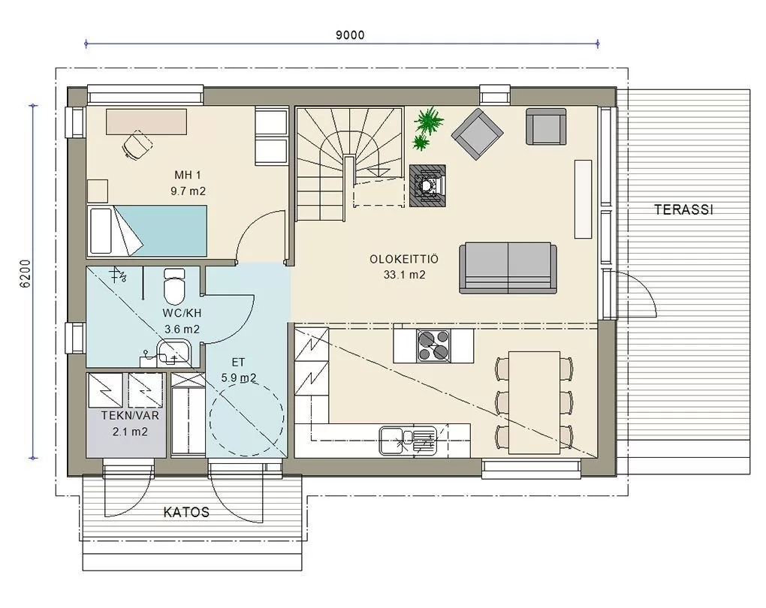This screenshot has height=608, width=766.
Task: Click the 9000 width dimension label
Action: [x=350, y=35]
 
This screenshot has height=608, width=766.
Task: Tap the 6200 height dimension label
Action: [x=26, y=273]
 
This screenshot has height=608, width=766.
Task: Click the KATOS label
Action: [x=186, y=512]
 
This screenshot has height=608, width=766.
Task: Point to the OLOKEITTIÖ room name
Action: [x=404, y=259]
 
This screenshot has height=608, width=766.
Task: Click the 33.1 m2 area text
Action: [x=404, y=275]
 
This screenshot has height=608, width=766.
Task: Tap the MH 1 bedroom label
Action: [x=188, y=175]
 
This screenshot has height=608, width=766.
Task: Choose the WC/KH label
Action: [x=182, y=313]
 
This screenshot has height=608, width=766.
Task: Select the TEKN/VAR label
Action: [x=130, y=416]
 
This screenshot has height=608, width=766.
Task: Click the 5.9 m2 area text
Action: [x=238, y=378]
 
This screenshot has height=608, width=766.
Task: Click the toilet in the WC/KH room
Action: [x=174, y=286]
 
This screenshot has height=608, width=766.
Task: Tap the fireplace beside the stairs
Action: [x=427, y=186]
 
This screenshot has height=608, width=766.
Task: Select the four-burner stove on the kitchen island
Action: [x=433, y=346]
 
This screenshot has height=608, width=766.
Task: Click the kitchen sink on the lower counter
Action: [x=408, y=440]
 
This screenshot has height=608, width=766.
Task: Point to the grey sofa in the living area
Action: [x=508, y=268]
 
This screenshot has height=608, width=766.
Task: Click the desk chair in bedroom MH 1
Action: [x=137, y=145]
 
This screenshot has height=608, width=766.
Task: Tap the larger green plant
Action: [x=429, y=120]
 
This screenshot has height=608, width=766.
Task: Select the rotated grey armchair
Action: [x=478, y=134]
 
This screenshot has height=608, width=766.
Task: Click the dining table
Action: [x=534, y=402]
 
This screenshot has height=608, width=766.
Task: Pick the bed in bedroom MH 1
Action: [x=146, y=230]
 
